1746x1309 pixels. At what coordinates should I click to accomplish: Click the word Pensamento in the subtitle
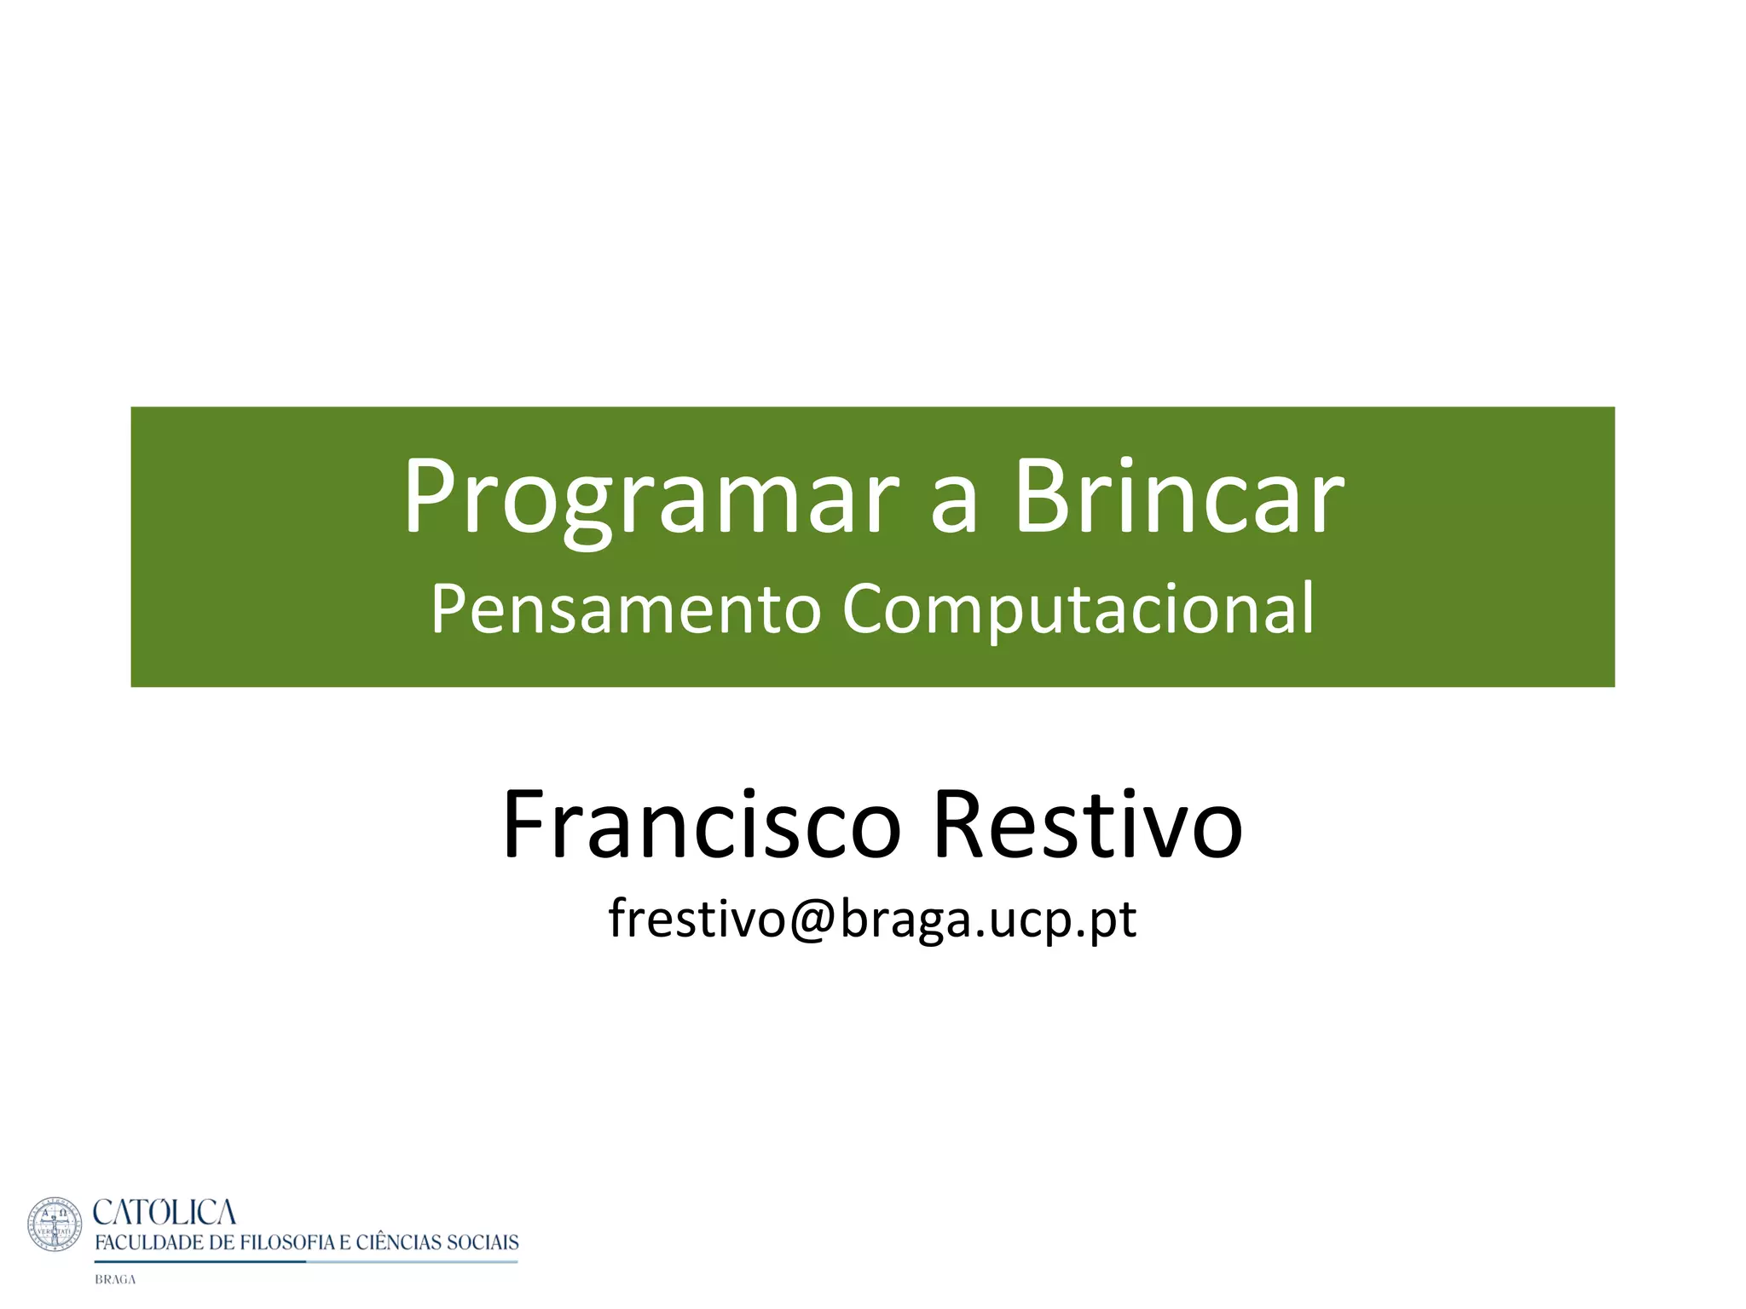pyautogui.click(x=625, y=609)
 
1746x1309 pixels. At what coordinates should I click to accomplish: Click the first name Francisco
pyautogui.click(x=701, y=825)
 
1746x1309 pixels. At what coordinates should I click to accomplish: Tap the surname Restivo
pyautogui.click(x=1088, y=825)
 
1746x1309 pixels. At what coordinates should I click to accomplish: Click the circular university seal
pyautogui.click(x=55, y=1225)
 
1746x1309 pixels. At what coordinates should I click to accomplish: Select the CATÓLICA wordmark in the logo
pyautogui.click(x=164, y=1212)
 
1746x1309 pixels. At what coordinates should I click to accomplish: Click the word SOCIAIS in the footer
pyautogui.click(x=483, y=1243)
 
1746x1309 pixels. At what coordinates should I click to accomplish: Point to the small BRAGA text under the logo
pyautogui.click(x=115, y=1280)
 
